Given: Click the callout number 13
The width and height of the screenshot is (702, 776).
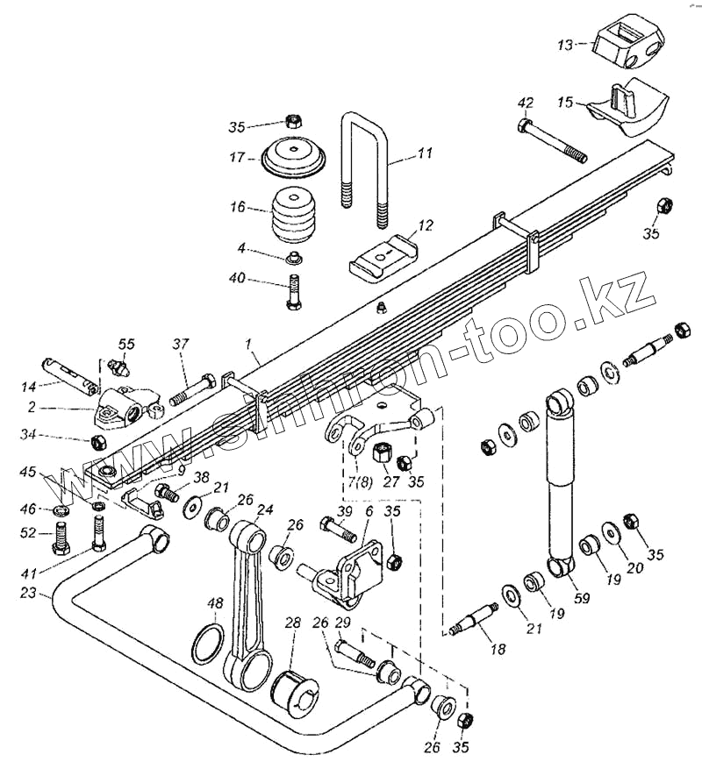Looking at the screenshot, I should click(x=566, y=43).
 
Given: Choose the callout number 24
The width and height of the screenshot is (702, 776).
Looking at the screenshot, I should click(x=264, y=509).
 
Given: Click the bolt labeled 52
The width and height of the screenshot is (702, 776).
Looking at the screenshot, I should click(x=61, y=536).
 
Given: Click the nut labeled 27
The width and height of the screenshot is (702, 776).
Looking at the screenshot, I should click(x=383, y=454).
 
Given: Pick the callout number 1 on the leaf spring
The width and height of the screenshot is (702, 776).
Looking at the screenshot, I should click(x=251, y=358).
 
